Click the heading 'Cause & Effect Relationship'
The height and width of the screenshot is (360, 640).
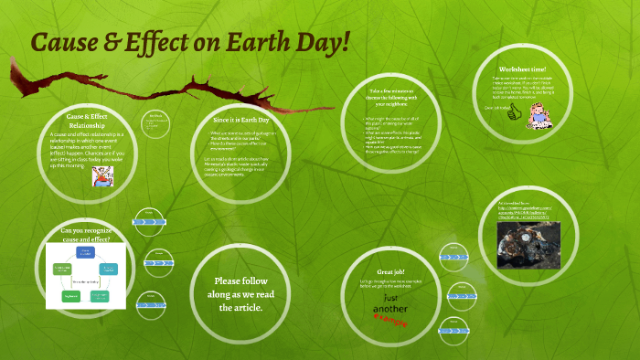(x=89, y=122)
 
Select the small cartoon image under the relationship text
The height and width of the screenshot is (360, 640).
(x=101, y=176)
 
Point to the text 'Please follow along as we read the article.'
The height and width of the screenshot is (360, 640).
(x=239, y=294)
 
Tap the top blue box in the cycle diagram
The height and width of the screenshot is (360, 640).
(x=86, y=251)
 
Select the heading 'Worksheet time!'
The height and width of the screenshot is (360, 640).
(x=523, y=69)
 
